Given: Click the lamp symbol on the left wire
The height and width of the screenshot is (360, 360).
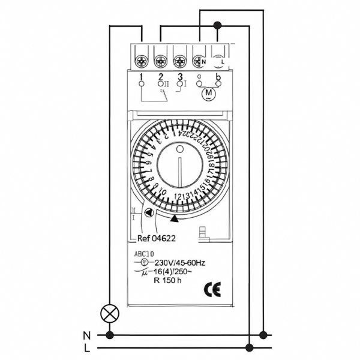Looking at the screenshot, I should [109, 312].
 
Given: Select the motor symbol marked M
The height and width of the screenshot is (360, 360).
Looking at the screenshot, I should [209, 94].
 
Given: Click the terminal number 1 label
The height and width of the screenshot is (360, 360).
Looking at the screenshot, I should [140, 77].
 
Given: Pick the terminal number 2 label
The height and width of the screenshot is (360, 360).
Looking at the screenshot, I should [161, 77].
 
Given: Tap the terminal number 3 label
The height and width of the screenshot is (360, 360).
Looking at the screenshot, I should [180, 77].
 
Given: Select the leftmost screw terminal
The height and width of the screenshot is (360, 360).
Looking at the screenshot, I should [142, 61].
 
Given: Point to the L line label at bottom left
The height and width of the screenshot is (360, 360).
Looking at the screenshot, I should [87, 347].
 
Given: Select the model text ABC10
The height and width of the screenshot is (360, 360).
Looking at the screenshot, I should [143, 254].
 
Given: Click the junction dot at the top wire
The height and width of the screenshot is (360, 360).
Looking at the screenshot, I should [217, 25].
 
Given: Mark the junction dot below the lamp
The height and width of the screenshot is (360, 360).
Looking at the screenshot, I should [109, 334].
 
